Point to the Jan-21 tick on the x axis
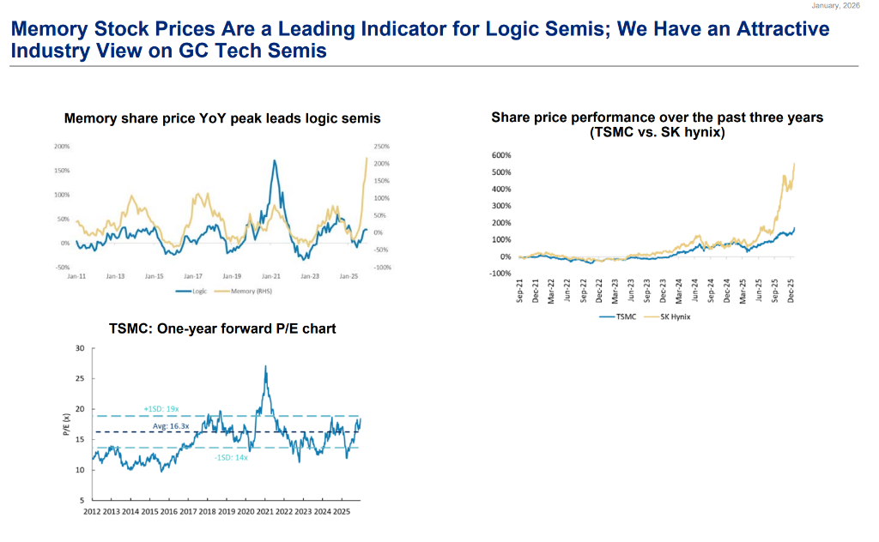(x=271, y=276)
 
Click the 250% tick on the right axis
(x=383, y=147)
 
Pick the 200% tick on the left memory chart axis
(x=62, y=147)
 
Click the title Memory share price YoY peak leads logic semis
(x=222, y=118)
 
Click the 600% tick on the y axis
(x=501, y=155)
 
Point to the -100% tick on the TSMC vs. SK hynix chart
(x=499, y=274)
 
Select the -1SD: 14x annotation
(x=232, y=457)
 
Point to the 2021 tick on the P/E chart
(x=264, y=512)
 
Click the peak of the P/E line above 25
(x=265, y=367)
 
